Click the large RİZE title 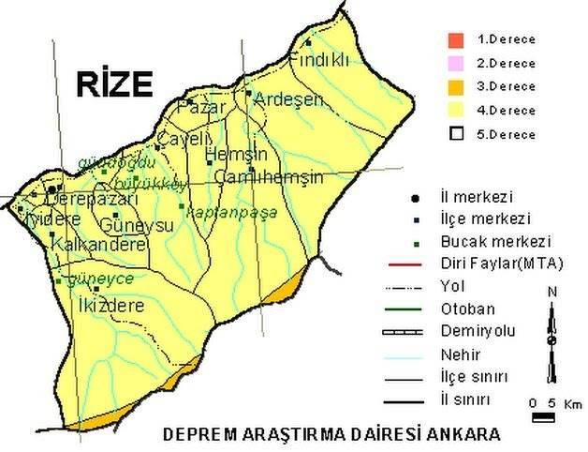(114, 84)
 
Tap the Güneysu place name (137, 226)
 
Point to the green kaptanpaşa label (232, 212)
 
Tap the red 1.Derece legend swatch (456, 40)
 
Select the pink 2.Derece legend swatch (456, 64)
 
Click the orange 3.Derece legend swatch (456, 87)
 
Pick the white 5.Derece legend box (456, 134)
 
